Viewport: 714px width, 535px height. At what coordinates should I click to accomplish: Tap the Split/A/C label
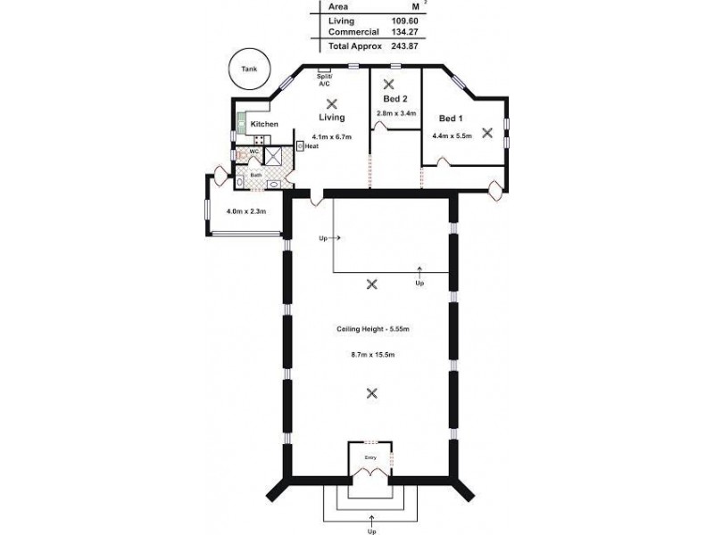pyautogui.click(x=324, y=80)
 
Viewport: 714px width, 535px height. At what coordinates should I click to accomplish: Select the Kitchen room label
pyautogui.click(x=264, y=124)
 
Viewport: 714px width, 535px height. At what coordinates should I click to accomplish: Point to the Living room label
pyautogui.click(x=331, y=117)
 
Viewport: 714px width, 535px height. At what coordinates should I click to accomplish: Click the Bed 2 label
pyautogui.click(x=395, y=99)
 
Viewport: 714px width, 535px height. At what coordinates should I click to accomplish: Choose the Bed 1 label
pyautogui.click(x=451, y=118)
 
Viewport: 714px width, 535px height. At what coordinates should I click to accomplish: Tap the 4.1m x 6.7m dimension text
pyautogui.click(x=331, y=136)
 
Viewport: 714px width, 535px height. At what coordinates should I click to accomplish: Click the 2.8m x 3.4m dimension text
pyautogui.click(x=396, y=113)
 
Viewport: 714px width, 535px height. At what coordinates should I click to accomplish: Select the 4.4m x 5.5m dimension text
pyautogui.click(x=452, y=136)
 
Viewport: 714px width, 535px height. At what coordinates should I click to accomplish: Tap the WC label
pyautogui.click(x=253, y=152)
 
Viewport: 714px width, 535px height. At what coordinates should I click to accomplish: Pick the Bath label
pyautogui.click(x=256, y=175)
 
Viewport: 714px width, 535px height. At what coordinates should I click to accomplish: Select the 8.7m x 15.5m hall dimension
pyautogui.click(x=372, y=354)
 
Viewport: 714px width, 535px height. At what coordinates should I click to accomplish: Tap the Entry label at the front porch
pyautogui.click(x=370, y=457)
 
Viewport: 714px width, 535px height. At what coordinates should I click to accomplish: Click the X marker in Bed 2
pyautogui.click(x=388, y=84)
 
